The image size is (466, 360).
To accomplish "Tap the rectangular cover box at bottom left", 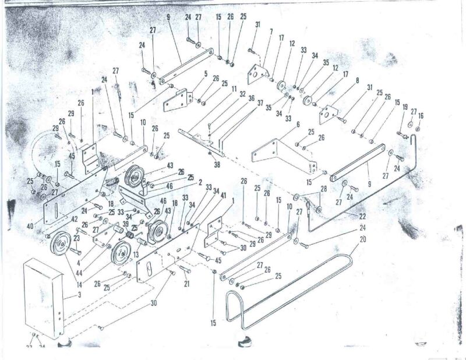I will point(44,297).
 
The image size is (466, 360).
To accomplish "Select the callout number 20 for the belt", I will point(363,239).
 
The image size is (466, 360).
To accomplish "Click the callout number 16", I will point(421,117).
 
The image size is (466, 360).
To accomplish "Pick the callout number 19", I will point(405,108).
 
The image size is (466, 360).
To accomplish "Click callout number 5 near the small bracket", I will point(205,74).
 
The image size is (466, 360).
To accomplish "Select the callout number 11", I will point(233,89).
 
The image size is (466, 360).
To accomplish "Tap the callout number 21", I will point(188,284).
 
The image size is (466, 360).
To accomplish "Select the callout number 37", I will point(260,103).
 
